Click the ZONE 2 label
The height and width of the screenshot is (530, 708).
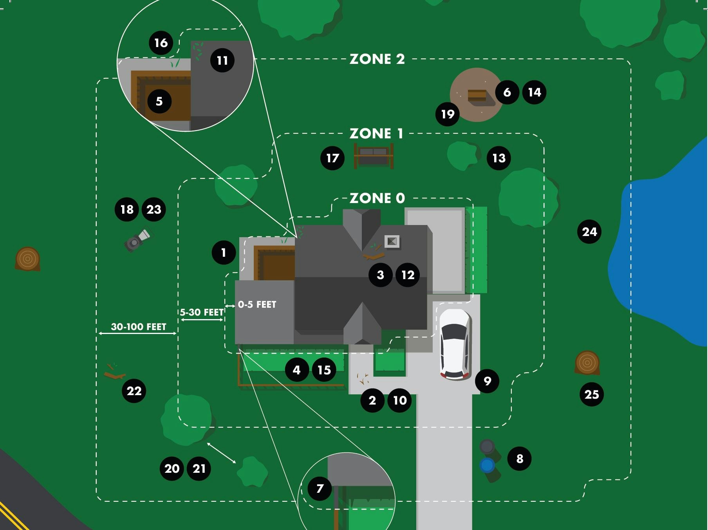coord(377,59)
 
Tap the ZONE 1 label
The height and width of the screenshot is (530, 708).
coord(376,134)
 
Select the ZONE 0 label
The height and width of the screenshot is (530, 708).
coord(377,198)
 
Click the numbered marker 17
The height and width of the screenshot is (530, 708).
coord(332,158)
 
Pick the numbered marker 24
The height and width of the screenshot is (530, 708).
coord(589,232)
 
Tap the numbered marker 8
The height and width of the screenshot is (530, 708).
coord(519,458)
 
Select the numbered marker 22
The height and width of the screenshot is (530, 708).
coord(134,391)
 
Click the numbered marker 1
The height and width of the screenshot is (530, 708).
coord(224,252)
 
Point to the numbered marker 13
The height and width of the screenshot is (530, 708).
coord(498,158)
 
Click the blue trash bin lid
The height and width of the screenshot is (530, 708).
coord(487,465)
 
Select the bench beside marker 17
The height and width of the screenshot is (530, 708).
coord(374,156)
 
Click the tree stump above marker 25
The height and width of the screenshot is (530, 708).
coord(587,363)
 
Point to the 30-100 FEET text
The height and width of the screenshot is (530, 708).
coord(139,327)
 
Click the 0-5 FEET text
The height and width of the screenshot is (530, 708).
coord(257,305)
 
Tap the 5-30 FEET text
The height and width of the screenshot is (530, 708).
coord(202,312)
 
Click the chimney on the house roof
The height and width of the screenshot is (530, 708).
coord(392,241)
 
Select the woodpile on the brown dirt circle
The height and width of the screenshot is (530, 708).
coord(477,95)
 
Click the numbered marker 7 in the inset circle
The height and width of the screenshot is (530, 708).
coord(320,488)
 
